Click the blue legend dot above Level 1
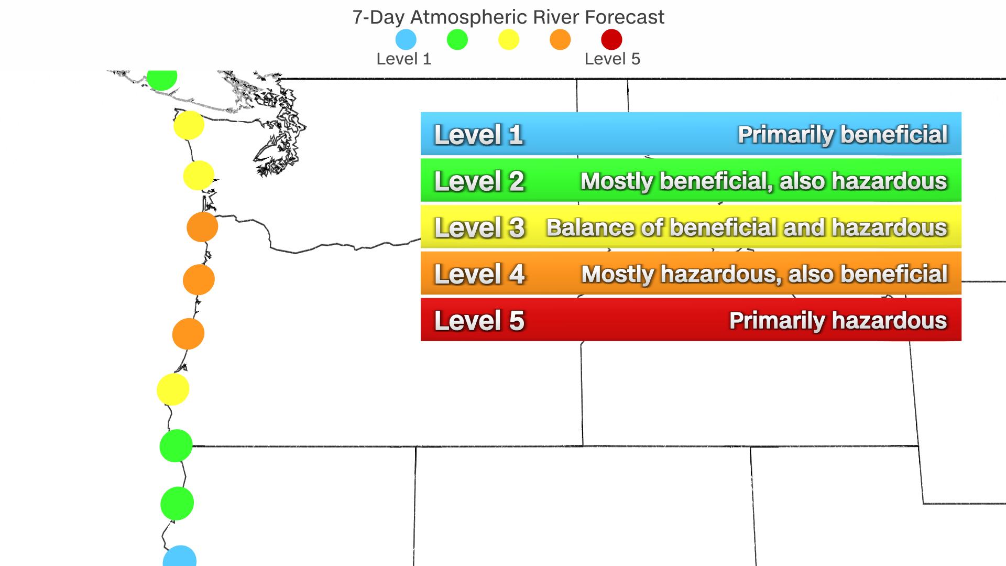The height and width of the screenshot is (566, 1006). click(406, 39)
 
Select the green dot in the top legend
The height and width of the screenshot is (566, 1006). click(457, 39)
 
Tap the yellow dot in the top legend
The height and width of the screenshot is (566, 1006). click(508, 39)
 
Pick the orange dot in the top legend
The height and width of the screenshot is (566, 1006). click(560, 39)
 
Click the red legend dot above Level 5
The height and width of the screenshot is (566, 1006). click(611, 39)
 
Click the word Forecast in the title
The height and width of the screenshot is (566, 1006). click(625, 17)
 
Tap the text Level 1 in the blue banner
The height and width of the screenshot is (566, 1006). click(479, 135)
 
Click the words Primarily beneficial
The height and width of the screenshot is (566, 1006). click(843, 135)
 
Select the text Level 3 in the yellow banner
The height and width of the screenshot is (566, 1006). click(479, 227)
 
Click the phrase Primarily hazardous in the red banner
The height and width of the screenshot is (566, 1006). click(838, 320)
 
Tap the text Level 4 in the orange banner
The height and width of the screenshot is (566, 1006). click(479, 274)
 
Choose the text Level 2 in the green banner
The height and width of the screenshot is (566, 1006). click(479, 181)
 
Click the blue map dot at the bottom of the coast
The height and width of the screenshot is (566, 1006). click(180, 557)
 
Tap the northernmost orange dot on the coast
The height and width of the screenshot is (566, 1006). click(202, 227)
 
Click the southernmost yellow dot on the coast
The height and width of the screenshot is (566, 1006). click(173, 389)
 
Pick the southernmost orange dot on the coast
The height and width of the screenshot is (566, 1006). click(188, 333)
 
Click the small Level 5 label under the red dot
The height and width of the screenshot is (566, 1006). click(612, 59)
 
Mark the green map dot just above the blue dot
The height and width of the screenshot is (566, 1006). click(177, 503)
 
